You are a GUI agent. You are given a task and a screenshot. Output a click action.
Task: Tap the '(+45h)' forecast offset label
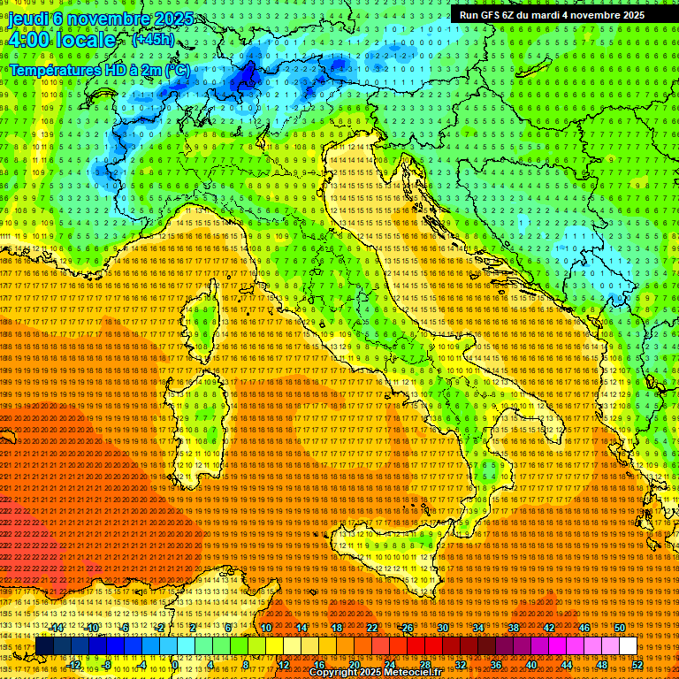coord(152,40)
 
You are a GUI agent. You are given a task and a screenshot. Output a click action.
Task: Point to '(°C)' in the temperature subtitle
coord(176,69)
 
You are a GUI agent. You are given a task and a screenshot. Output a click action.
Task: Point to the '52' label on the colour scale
coord(637,665)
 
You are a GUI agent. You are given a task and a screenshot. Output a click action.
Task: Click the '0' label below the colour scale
coord(175,665)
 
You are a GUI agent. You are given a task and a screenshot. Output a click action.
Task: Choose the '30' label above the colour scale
coord(442,628)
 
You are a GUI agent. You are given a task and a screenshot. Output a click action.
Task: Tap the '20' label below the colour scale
coord(354,665)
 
